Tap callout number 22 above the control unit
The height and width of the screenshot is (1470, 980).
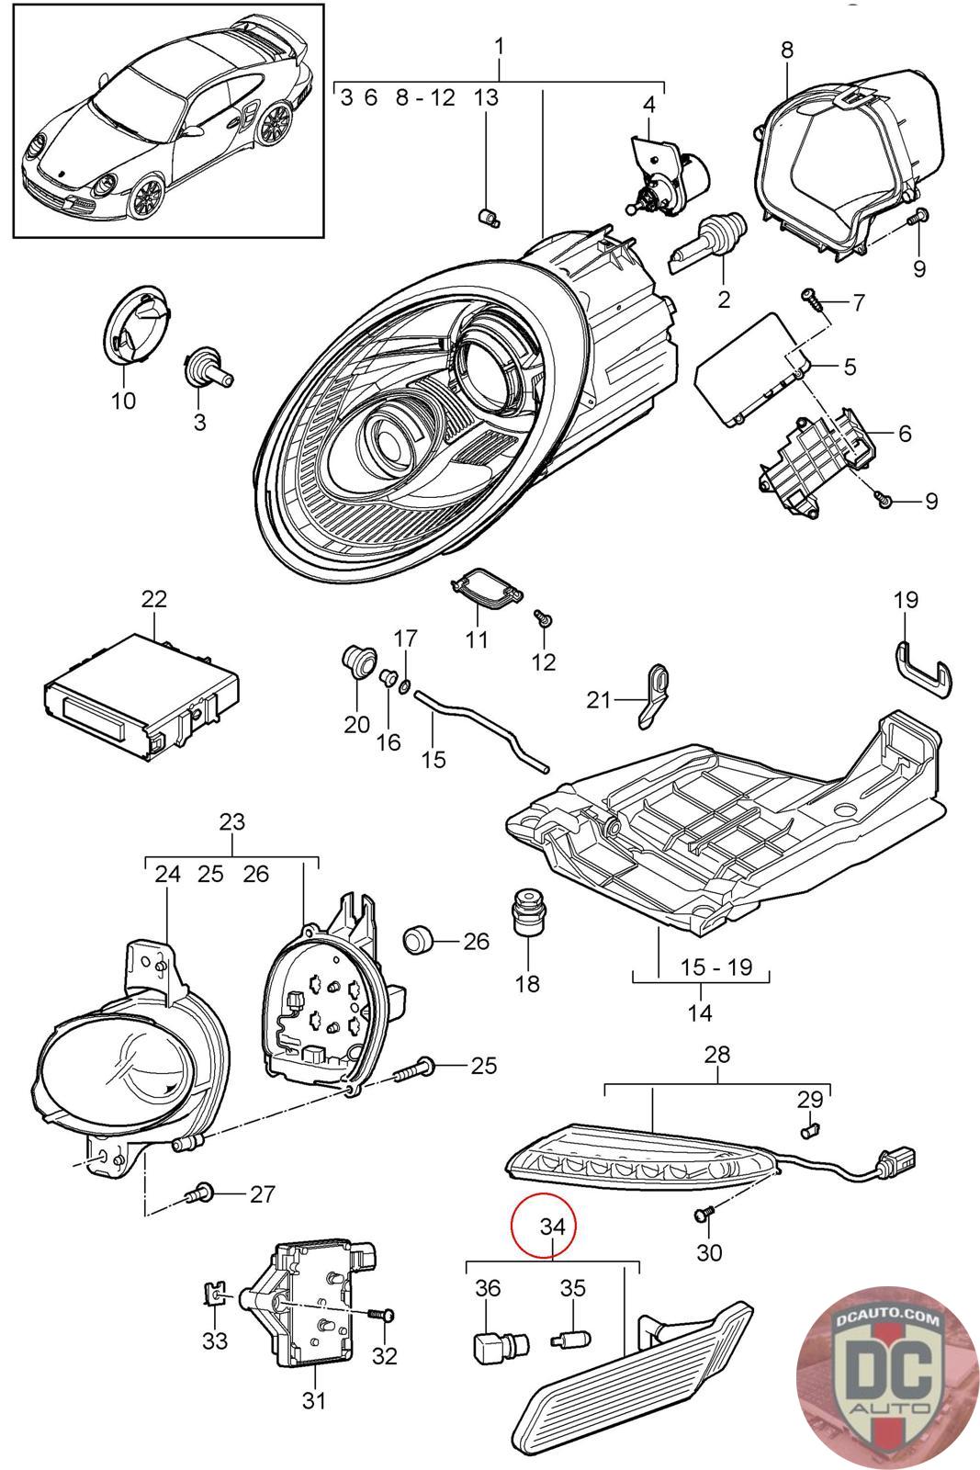[154, 599]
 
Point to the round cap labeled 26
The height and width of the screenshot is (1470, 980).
[420, 941]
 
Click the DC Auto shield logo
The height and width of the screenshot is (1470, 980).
[884, 1376]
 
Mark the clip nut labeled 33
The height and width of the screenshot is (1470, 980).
[213, 1295]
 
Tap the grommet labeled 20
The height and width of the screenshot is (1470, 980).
[357, 659]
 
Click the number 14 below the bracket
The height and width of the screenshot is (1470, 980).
[700, 1013]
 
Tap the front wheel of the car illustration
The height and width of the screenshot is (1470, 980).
[144, 198]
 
